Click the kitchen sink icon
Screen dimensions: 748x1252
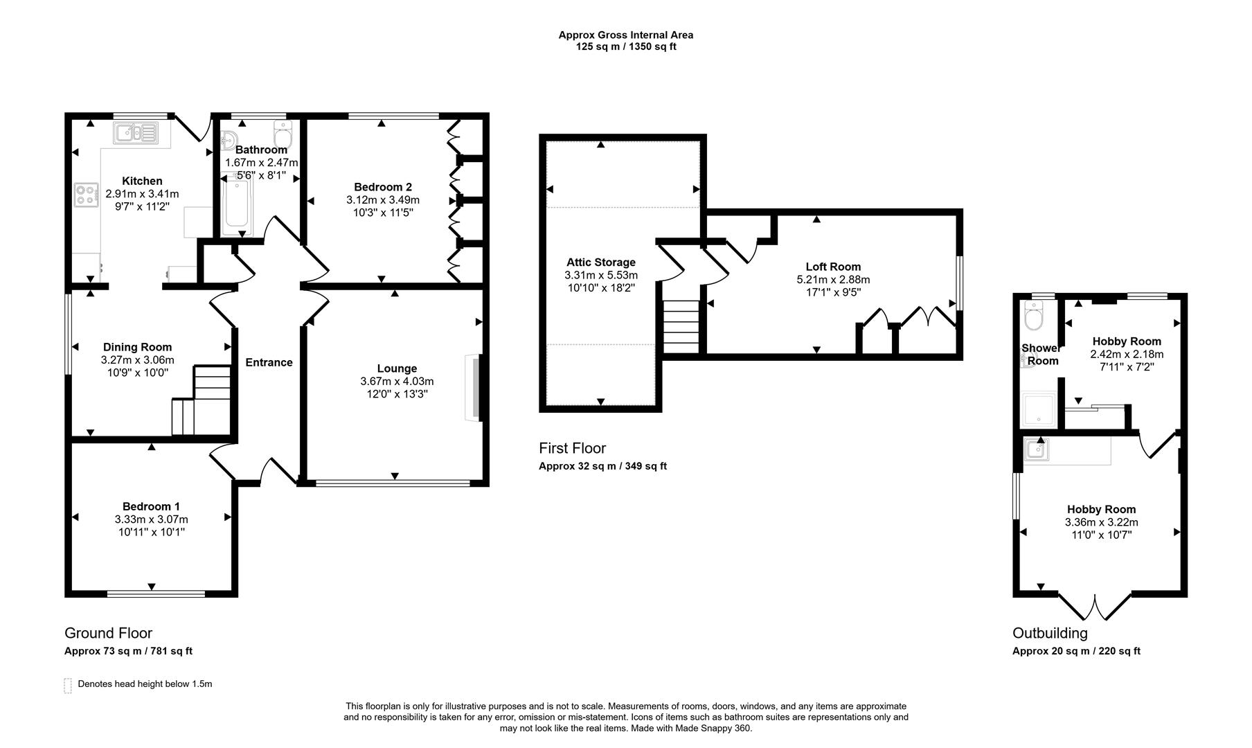pos(137,132)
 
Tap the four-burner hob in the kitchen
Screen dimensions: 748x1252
pos(86,195)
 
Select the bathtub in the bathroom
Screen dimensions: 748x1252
pos(237,204)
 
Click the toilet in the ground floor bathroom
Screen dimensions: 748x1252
pos(283,133)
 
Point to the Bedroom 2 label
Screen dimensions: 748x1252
pos(382,187)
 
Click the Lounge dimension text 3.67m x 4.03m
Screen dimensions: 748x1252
pos(397,382)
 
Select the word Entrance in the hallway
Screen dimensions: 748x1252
pos(269,362)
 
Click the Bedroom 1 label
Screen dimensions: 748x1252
pos(151,506)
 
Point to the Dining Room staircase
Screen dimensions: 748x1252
pos(202,402)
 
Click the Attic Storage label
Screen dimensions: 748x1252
pos(600,262)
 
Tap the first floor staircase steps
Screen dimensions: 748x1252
pos(681,327)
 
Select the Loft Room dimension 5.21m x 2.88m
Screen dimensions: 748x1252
pos(833,280)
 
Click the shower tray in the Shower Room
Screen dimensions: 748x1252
pos(1039,409)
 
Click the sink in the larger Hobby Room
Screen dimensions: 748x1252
pos(1037,449)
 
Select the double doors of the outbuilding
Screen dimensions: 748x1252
pos(1095,607)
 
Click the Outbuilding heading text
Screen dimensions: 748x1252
pos(1050,633)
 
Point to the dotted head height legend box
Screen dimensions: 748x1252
pos(68,686)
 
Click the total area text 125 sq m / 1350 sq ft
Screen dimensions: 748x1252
pos(625,47)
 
